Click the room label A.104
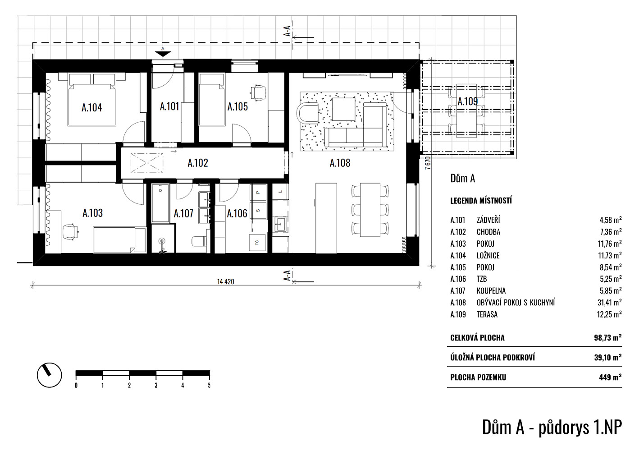pyautogui.click(x=91, y=108)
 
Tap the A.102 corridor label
pyautogui.click(x=198, y=163)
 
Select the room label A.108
pyautogui.click(x=340, y=163)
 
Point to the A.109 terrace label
pyautogui.click(x=468, y=101)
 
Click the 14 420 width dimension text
pyautogui.click(x=225, y=282)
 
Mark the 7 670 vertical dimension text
pyautogui.click(x=428, y=163)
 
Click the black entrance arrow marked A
pyautogui.click(x=163, y=54)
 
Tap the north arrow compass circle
pyautogui.click(x=50, y=375)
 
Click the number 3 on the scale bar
pyautogui.click(x=156, y=385)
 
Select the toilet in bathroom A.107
pyautogui.click(x=199, y=241)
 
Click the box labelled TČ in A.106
pyautogui.click(x=258, y=243)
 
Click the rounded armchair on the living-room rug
pyautogui.click(x=307, y=112)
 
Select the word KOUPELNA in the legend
pyautogui.click(x=491, y=291)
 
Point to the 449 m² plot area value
pyautogui.click(x=610, y=377)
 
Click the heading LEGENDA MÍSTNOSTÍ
pyautogui.click(x=481, y=201)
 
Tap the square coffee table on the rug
pyautogui.click(x=343, y=109)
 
